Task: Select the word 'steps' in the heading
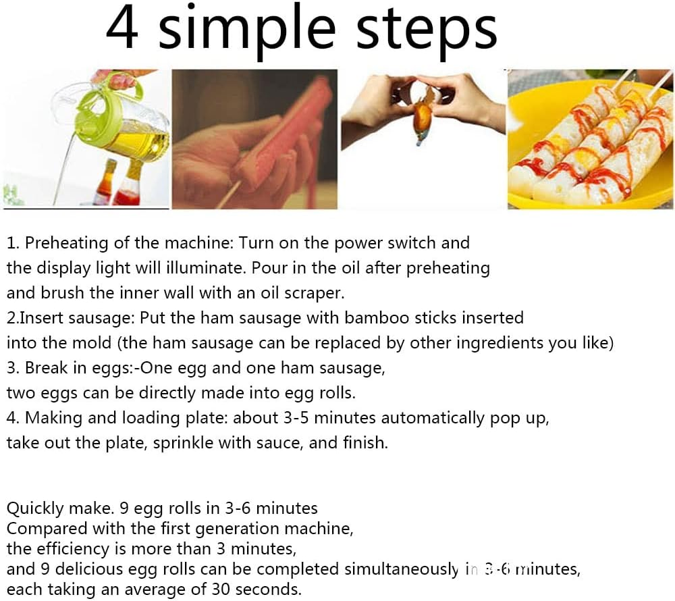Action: (x=426, y=30)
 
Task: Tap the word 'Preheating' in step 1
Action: (x=66, y=243)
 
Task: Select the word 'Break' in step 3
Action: (x=47, y=367)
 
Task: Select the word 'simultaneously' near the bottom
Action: (x=401, y=569)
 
